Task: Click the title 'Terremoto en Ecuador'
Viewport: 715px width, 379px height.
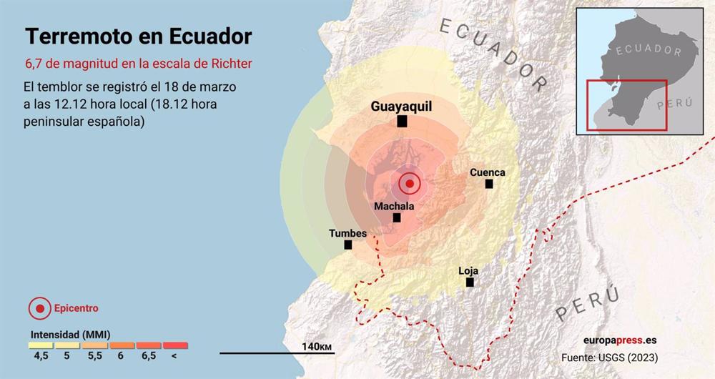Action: pyautogui.click(x=139, y=36)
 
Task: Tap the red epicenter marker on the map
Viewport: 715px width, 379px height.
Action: pyautogui.click(x=409, y=184)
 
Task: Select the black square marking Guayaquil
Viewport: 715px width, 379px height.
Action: pyautogui.click(x=403, y=122)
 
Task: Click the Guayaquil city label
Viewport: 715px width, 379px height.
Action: pyautogui.click(x=401, y=107)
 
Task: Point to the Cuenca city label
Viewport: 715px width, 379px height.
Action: pyautogui.click(x=488, y=172)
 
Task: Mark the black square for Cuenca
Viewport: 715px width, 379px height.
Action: pyautogui.click(x=489, y=184)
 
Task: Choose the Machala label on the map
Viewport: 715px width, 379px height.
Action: pyautogui.click(x=394, y=206)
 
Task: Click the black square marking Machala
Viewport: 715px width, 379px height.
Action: pyautogui.click(x=397, y=217)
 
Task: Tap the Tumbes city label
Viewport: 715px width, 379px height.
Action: pyautogui.click(x=347, y=233)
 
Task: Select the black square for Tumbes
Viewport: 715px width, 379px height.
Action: pyautogui.click(x=348, y=245)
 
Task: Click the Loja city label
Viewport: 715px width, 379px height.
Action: pyautogui.click(x=468, y=271)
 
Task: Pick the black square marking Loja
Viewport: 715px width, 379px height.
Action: pyautogui.click(x=470, y=282)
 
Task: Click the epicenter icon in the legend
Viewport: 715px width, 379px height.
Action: pyautogui.click(x=40, y=309)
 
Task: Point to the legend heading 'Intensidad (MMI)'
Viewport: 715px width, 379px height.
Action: pyautogui.click(x=69, y=334)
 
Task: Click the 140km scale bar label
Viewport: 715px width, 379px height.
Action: pyautogui.click(x=317, y=346)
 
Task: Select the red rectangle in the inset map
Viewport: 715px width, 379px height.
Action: pyautogui.click(x=626, y=105)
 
